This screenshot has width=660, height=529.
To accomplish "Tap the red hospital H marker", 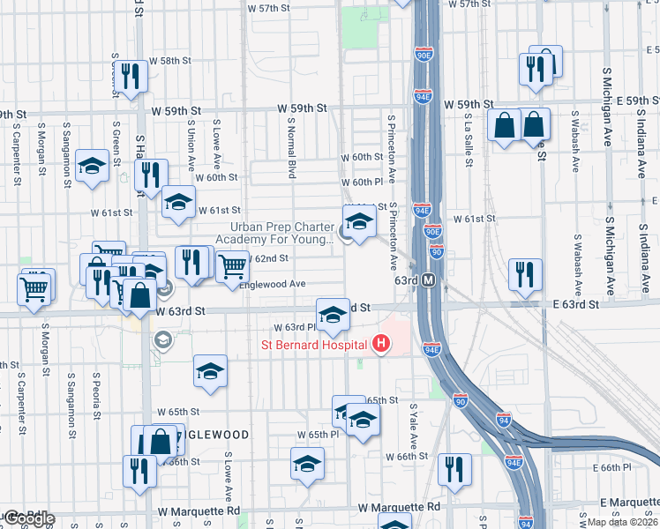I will (x=381, y=343).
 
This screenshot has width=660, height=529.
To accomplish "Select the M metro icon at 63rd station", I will (x=429, y=280).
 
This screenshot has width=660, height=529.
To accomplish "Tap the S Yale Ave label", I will (x=412, y=426).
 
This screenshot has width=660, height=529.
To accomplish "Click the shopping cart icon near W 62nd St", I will (x=231, y=264).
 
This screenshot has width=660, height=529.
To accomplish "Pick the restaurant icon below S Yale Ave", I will (x=454, y=469).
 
